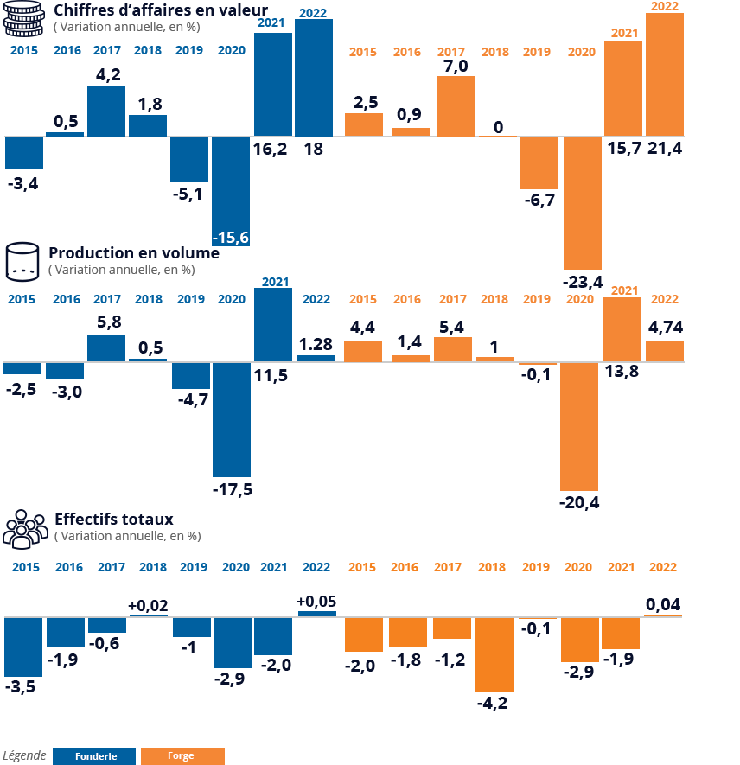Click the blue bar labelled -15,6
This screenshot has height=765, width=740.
(231, 191)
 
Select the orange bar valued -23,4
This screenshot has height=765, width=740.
(583, 203)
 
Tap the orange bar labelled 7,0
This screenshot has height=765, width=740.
(456, 105)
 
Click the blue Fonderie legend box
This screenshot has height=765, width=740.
(94, 756)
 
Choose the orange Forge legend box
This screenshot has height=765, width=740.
(182, 756)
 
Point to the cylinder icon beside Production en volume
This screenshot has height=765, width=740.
(22, 262)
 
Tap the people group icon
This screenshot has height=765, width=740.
(25, 529)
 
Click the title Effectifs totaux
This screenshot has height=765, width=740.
(113, 520)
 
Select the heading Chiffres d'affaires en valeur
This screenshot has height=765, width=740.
(161, 10)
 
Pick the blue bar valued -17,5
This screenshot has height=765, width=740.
(232, 419)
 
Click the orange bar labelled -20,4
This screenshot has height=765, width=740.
(579, 426)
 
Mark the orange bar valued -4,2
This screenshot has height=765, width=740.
(494, 654)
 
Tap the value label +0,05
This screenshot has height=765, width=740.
(316, 602)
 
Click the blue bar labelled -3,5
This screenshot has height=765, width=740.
(23, 647)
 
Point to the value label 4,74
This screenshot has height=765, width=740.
(666, 327)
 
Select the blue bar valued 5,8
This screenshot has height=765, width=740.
(106, 348)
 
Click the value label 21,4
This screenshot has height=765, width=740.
(665, 149)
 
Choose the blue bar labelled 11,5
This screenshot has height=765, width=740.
(273, 325)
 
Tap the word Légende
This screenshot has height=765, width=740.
(24, 755)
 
